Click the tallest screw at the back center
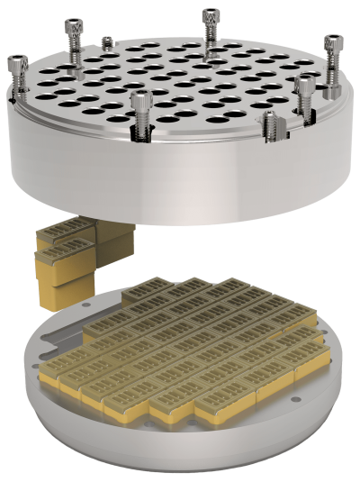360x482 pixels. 210,24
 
